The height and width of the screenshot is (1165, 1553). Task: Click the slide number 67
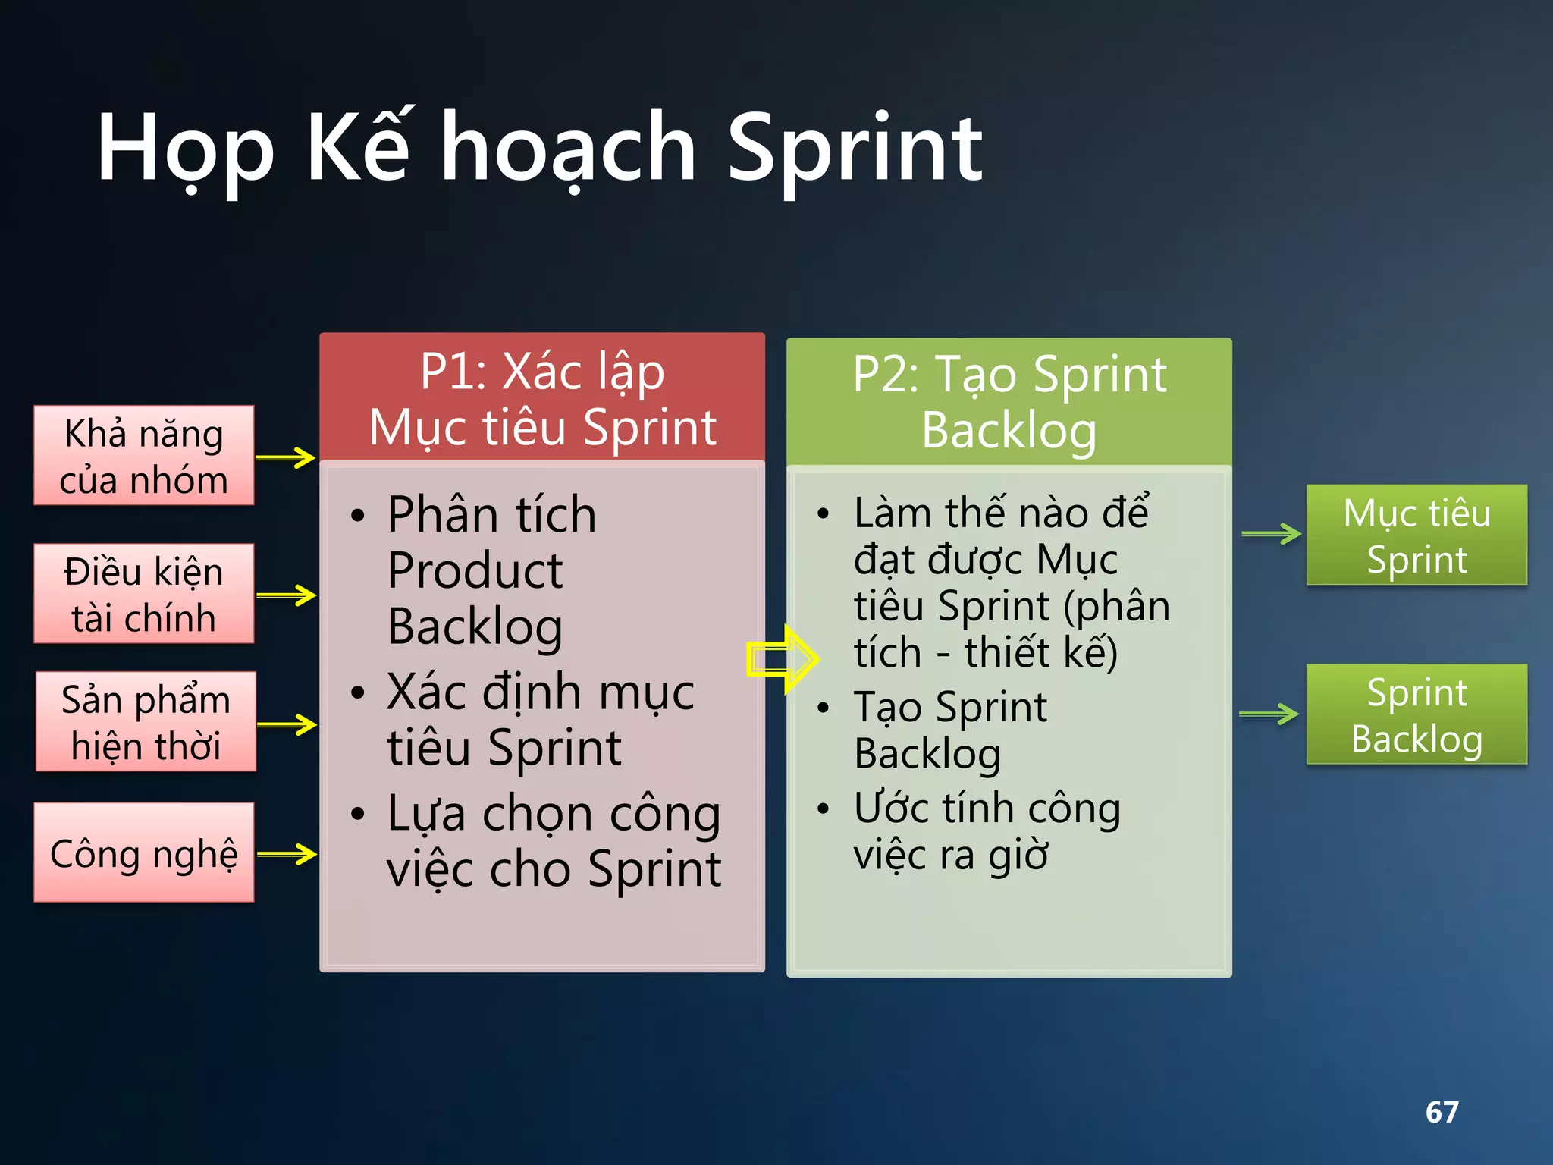click(x=1442, y=1113)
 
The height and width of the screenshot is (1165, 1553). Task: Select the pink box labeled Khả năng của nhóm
click(x=144, y=456)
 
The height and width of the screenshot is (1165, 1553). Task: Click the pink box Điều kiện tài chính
click(x=144, y=594)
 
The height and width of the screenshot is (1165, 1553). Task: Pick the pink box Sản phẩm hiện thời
click(x=146, y=721)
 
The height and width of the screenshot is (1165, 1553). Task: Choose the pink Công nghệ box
click(x=144, y=853)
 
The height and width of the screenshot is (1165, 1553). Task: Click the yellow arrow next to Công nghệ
click(x=287, y=854)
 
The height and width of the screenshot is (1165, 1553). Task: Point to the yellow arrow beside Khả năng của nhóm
click(x=286, y=457)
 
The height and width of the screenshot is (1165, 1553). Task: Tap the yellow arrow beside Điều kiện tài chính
click(x=287, y=595)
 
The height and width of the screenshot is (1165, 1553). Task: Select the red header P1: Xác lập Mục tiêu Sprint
click(x=542, y=398)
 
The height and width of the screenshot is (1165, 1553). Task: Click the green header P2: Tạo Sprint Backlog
click(x=1009, y=402)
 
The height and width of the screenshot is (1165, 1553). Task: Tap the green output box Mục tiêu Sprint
click(x=1416, y=535)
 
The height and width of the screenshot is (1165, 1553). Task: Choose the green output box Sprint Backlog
click(x=1416, y=714)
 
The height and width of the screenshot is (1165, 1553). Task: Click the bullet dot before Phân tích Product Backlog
click(x=358, y=517)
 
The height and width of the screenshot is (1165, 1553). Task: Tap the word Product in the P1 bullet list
click(x=475, y=570)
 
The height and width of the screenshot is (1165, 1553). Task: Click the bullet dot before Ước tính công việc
click(x=824, y=809)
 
